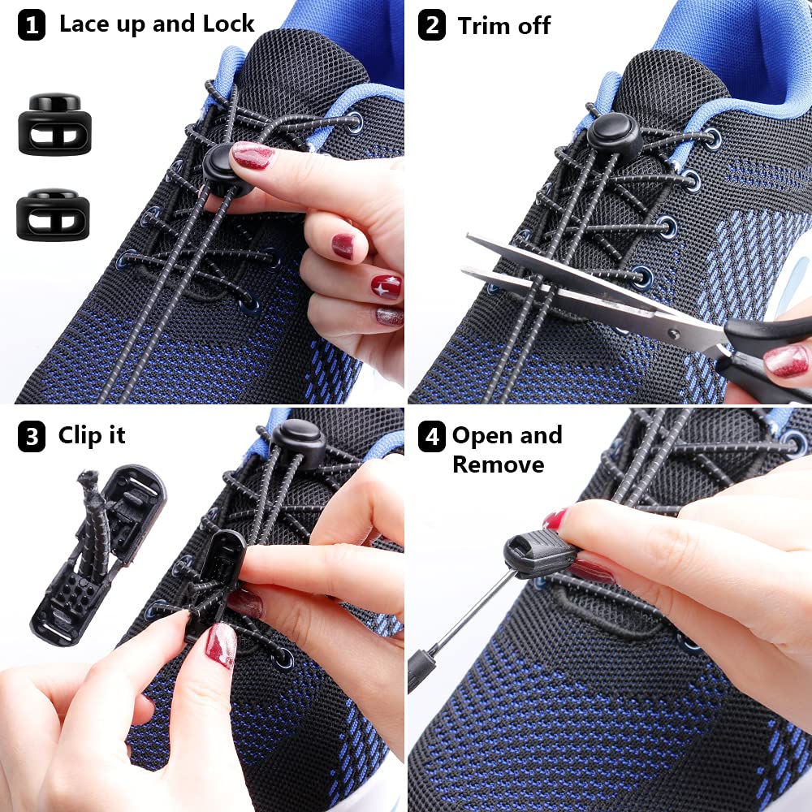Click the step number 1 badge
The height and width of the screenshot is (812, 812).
pos(32,26)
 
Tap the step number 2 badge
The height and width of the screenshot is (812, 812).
pos(431,26)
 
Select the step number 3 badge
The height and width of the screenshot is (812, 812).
pos(32,438)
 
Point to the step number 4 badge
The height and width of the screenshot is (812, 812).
pos(431,438)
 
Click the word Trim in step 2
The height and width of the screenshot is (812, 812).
pos(484,26)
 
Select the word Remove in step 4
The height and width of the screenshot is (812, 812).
pos(498,464)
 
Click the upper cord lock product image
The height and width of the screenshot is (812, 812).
pos(54,123)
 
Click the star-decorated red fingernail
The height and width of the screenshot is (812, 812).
pos(387,286)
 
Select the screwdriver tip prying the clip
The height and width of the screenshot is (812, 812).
pos(513,572)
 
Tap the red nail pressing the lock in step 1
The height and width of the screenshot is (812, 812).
pos(253,154)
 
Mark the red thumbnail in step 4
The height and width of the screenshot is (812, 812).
pos(555,519)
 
